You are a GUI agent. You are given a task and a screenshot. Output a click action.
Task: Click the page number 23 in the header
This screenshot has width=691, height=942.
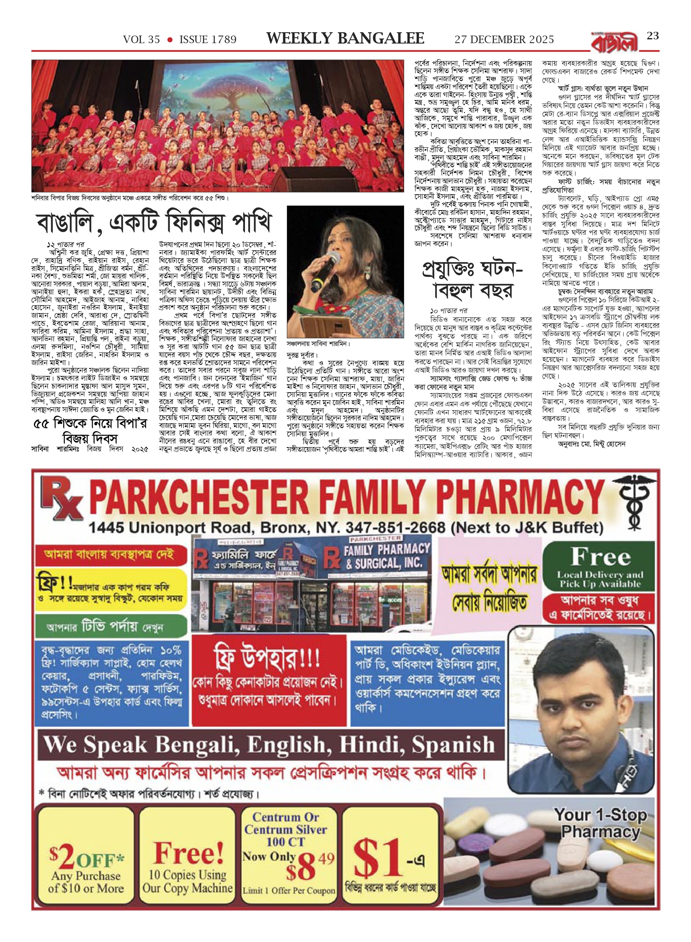pyautogui.click(x=653, y=36)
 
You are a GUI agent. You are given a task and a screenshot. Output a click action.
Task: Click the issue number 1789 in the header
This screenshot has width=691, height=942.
pyautogui.click(x=222, y=40)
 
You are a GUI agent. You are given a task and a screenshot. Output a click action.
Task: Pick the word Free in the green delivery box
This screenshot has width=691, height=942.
pyautogui.click(x=601, y=557)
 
